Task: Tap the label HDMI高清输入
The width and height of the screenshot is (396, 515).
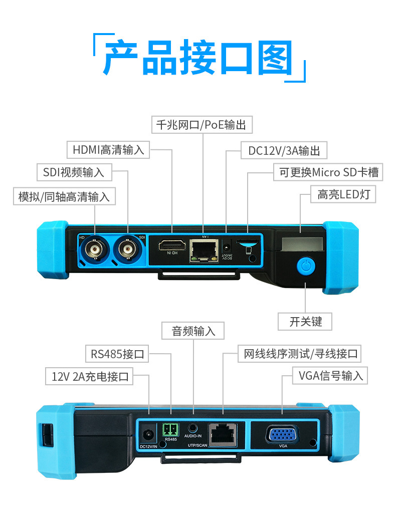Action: pyautogui.click(x=108, y=149)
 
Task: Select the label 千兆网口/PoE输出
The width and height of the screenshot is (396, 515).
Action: pyautogui.click(x=201, y=125)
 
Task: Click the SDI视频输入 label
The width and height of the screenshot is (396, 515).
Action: pyautogui.click(x=74, y=172)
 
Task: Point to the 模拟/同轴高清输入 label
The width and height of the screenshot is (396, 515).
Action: pyautogui.click(x=64, y=196)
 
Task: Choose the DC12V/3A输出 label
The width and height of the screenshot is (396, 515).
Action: pyautogui.click(x=284, y=150)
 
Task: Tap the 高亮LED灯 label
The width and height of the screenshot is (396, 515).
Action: pyautogui.click(x=343, y=194)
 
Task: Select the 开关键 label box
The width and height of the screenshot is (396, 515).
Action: pyautogui.click(x=306, y=321)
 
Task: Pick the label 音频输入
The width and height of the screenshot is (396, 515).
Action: pyautogui.click(x=193, y=331)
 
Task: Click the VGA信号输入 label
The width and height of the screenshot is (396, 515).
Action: pyautogui.click(x=330, y=375)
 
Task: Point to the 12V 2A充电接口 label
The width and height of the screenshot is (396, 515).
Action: pyautogui.click(x=90, y=376)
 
